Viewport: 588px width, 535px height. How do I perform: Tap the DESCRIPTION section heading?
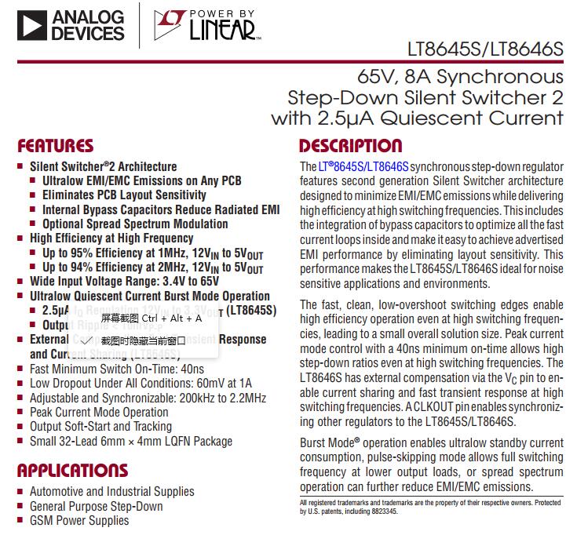coord(350,146)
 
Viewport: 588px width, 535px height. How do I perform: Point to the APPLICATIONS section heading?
coord(72,471)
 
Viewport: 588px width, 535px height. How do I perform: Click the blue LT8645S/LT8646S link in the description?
coord(363,167)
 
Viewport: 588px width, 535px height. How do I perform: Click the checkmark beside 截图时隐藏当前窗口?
coord(87,340)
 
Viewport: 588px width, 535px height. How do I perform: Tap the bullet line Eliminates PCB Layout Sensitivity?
coord(124,195)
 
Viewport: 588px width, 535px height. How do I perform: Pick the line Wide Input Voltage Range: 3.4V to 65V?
coord(124,282)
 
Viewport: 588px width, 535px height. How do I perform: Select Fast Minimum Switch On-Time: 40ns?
coord(117,369)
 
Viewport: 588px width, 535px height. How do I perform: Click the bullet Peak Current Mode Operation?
coord(99,412)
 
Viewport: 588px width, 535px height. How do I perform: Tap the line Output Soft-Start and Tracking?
coord(100,426)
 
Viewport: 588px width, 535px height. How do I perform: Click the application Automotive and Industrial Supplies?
coord(111,492)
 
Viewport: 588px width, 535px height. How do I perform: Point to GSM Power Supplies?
coord(79,520)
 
